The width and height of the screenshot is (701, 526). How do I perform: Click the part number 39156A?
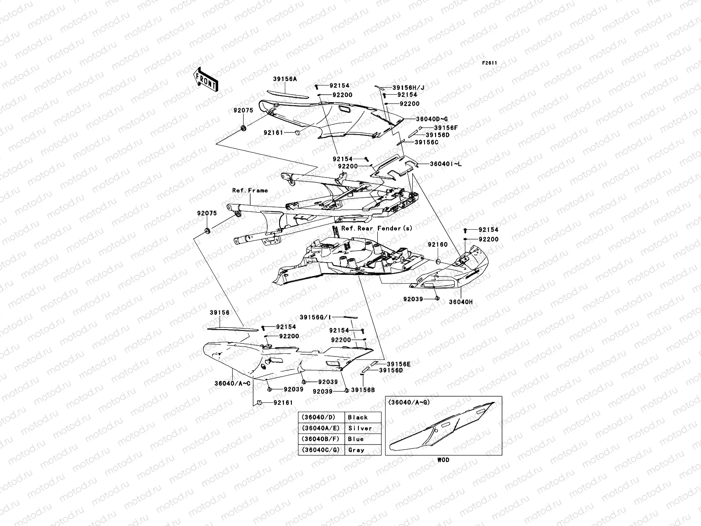[x=285, y=79]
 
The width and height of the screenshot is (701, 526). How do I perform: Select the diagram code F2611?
[x=489, y=63]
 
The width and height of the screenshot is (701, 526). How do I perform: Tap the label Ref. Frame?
[x=250, y=191]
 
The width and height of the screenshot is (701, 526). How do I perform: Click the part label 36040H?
[x=460, y=302]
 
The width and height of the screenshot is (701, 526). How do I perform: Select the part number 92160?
[x=438, y=245]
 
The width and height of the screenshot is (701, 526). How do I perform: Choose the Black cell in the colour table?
[x=358, y=417]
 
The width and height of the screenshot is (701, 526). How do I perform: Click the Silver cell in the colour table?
[x=360, y=428]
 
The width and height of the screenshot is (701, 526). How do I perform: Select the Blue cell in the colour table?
[x=356, y=439]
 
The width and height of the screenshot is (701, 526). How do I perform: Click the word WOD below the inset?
[x=443, y=460]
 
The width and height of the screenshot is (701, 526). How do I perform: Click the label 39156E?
[x=398, y=364]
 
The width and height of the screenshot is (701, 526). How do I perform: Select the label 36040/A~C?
[x=232, y=383]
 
